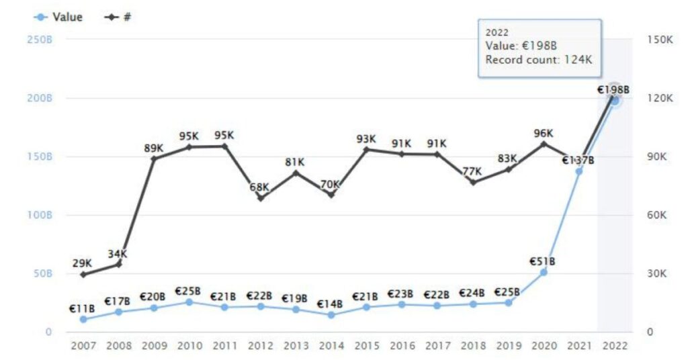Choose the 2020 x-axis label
pos(543,345)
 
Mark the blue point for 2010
pos(189,302)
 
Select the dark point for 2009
pos(154,159)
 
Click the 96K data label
pos(543,133)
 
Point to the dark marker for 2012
pos(260,198)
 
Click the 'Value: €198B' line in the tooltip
pos(521,46)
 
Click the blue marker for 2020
pos(544,272)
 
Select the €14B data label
pos(331,304)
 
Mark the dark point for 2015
pos(366,149)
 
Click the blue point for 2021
pos(578,171)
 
